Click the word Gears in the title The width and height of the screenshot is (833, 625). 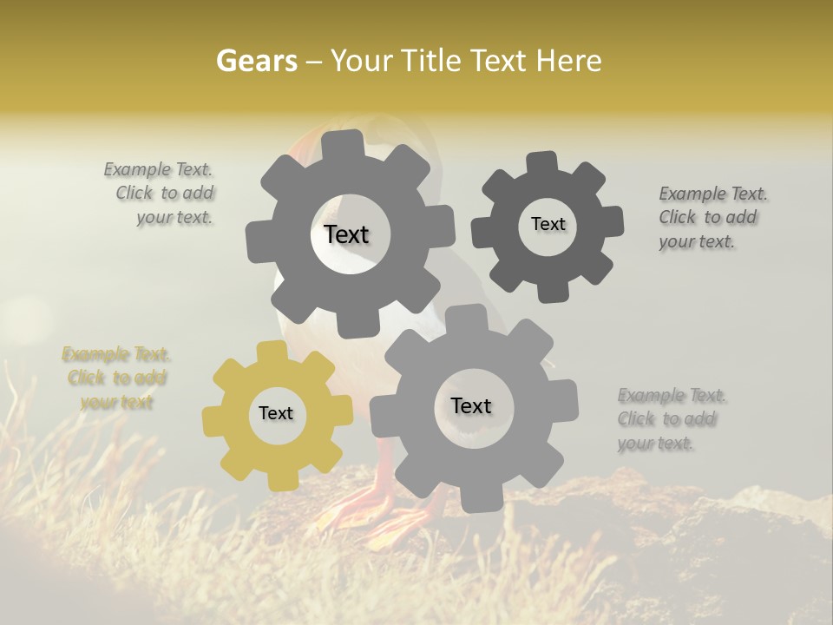coord(256,61)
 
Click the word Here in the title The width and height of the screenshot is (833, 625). coord(568,61)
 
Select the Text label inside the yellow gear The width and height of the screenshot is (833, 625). coord(276,413)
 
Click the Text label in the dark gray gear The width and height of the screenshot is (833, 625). coord(548,224)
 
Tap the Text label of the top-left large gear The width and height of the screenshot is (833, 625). coord(346,234)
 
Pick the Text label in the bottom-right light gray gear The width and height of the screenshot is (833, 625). coord(471,405)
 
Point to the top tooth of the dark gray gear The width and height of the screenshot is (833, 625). coord(541,162)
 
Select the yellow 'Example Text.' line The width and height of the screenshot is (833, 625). coord(116,354)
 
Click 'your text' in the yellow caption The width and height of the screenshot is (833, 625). coord(116,402)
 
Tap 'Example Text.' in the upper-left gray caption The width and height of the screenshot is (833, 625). coord(158,169)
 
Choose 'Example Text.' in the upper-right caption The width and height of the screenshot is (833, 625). coord(713,194)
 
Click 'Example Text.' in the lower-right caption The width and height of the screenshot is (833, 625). coord(672,396)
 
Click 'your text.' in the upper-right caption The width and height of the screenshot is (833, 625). coord(697,242)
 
